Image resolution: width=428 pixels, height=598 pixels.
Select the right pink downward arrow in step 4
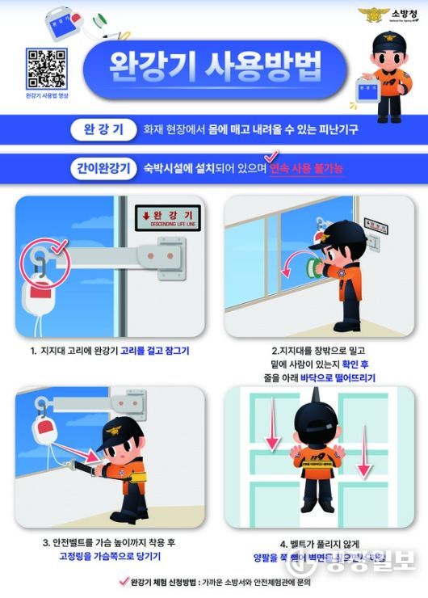[363, 457]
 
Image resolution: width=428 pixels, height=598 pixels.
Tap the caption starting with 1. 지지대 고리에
[113, 351]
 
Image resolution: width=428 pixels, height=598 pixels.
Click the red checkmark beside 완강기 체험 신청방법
[123, 581]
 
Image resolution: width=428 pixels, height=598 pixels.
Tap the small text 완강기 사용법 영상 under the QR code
[46, 95]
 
